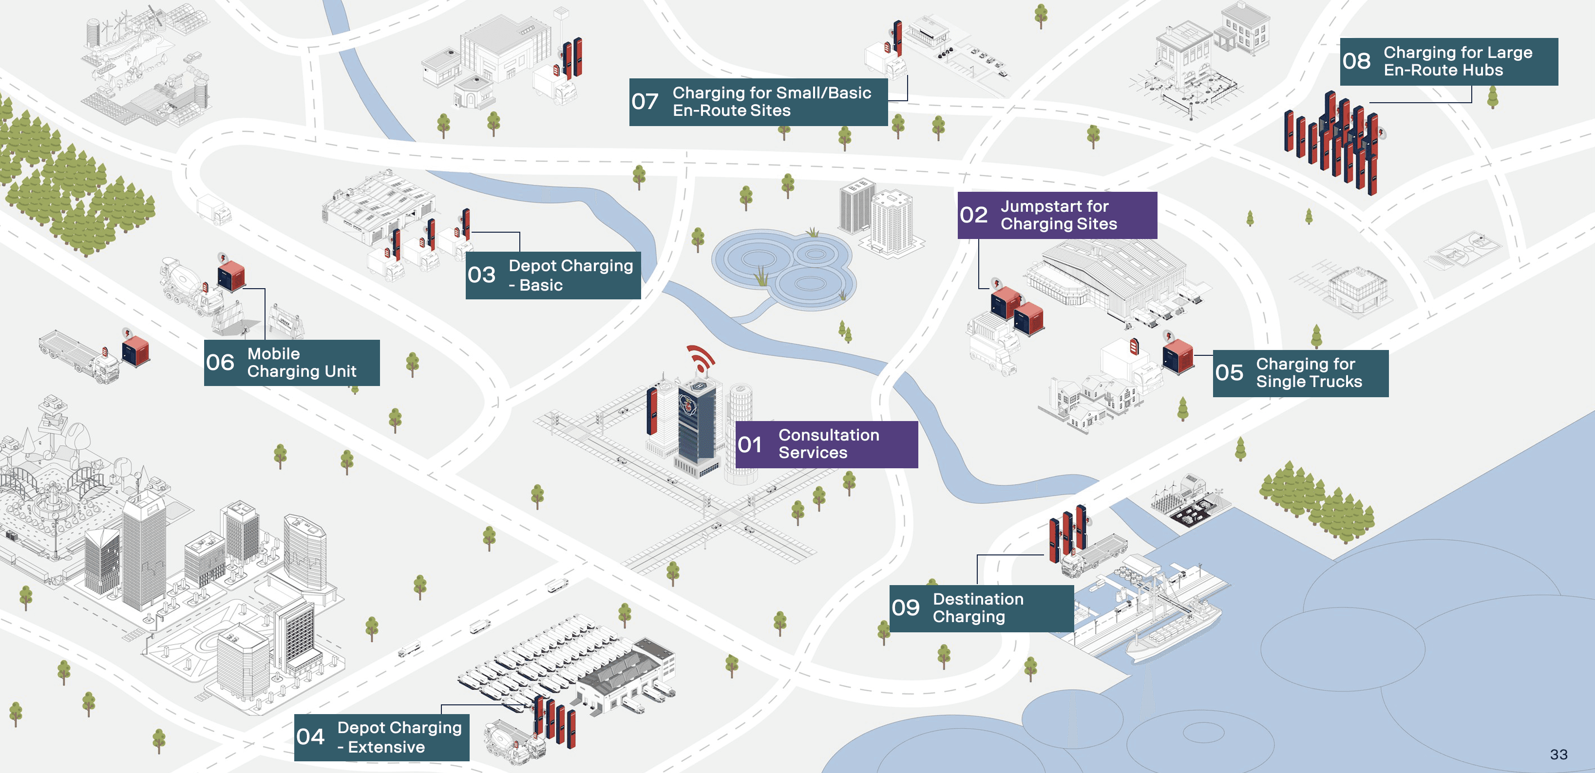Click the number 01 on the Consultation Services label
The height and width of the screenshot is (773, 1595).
[749, 444]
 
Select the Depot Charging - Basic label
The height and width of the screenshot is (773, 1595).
[553, 275]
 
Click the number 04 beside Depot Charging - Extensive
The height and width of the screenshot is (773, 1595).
[310, 736]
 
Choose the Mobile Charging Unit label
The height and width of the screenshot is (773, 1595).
[292, 363]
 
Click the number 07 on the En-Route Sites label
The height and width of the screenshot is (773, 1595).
[645, 102]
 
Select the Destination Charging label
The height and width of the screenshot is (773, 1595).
[981, 608]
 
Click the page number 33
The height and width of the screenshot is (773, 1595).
[1558, 755]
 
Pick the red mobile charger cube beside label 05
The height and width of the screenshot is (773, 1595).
[1177, 356]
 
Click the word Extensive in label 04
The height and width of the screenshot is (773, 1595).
[386, 747]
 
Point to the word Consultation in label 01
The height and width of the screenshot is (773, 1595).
[829, 435]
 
